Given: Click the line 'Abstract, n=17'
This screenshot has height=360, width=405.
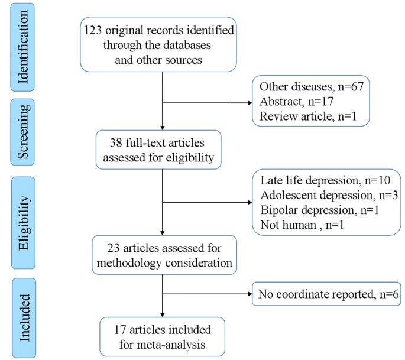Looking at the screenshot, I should [293, 101].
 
